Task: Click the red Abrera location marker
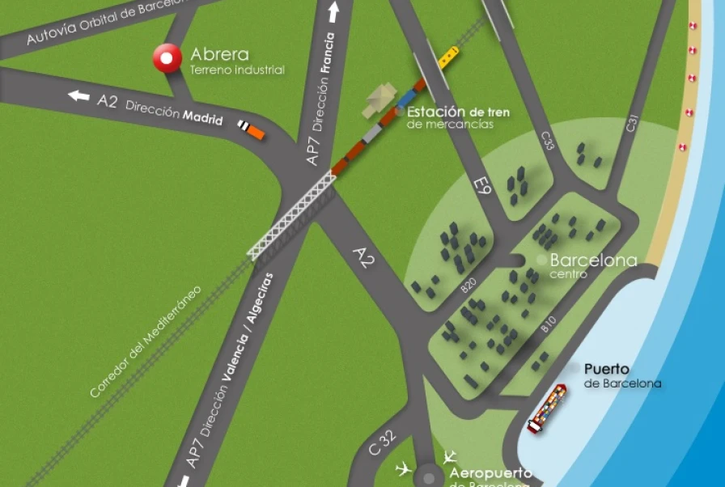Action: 168,57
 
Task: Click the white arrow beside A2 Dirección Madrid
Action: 78,96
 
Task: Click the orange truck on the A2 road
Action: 252,129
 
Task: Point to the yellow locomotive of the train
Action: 448,56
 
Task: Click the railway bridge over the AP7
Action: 292,218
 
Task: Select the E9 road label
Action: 482,189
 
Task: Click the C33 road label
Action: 547,141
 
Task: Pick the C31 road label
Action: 633,124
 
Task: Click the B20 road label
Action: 468,285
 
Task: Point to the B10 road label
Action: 549,325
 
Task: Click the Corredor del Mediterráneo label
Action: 146,340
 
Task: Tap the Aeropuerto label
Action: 490,473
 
